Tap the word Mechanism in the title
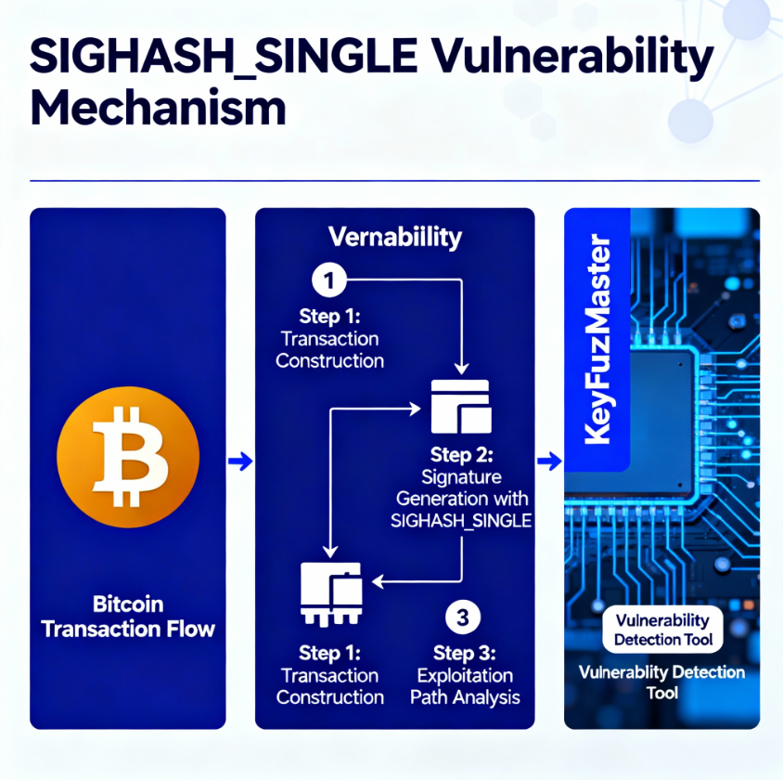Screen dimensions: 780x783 tap(158, 109)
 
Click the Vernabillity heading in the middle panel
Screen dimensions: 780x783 tap(394, 237)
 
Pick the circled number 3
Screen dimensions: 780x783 tap(462, 617)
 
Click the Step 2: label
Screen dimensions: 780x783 tap(461, 455)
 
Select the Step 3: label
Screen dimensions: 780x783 tap(464, 652)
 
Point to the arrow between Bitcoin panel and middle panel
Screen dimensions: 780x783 tap(240, 461)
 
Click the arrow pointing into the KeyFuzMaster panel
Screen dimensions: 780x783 tap(549, 461)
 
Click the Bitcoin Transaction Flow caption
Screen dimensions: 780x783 tap(128, 617)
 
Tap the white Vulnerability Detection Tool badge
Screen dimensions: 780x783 tap(662, 630)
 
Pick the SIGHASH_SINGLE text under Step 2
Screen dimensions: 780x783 tap(461, 521)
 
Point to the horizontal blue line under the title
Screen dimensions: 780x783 tap(394, 181)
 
